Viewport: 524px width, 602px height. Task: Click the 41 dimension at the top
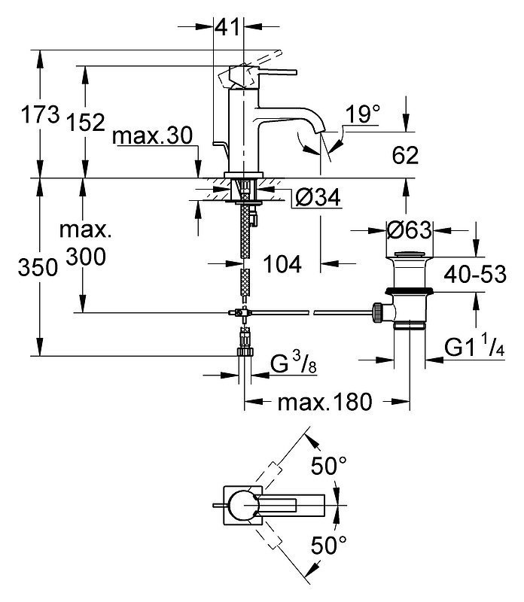click(227, 27)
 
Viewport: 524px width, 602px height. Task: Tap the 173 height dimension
click(41, 114)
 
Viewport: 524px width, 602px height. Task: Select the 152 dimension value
click(86, 122)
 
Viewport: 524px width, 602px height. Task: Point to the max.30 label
click(153, 135)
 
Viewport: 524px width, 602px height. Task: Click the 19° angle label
click(362, 114)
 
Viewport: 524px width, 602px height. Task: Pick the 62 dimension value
click(405, 155)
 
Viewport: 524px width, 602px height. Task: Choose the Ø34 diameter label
click(318, 197)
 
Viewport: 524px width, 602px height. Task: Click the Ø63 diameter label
click(409, 230)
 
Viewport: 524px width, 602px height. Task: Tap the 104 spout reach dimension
click(282, 264)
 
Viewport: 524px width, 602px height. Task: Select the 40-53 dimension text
click(475, 274)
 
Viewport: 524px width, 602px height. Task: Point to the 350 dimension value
click(38, 267)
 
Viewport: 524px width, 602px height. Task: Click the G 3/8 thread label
click(294, 363)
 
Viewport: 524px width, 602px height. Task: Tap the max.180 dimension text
click(325, 402)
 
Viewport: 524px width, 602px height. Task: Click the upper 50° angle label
click(328, 466)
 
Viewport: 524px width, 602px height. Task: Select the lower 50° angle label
click(328, 545)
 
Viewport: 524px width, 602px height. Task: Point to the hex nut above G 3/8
click(245, 351)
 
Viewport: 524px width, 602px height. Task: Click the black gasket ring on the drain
click(410, 290)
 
